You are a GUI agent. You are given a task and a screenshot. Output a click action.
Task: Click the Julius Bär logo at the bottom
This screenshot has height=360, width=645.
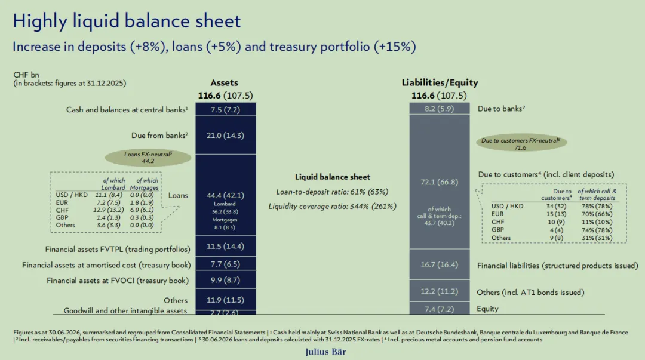pos(325,352)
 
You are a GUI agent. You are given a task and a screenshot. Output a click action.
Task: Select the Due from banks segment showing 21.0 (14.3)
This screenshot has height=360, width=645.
pos(225,136)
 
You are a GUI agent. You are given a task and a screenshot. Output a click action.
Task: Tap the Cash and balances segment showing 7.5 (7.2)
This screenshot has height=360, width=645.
pos(225,109)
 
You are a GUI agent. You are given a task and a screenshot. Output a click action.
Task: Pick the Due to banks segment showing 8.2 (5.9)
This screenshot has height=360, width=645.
pos(440,109)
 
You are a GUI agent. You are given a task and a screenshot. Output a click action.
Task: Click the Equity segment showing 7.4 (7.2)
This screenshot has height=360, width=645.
pos(440,309)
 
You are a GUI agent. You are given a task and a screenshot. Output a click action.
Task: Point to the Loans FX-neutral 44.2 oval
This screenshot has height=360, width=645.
pos(148,158)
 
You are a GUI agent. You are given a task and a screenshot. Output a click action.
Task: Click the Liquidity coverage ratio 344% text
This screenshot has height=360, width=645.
pos(333,206)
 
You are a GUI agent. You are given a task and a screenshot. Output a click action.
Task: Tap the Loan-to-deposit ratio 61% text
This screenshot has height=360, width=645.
pos(332,192)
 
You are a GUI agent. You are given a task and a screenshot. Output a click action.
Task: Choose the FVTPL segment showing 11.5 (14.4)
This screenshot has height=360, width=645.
pos(225,246)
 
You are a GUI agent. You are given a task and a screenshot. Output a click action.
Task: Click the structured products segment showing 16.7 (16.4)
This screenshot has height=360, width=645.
pos(440,264)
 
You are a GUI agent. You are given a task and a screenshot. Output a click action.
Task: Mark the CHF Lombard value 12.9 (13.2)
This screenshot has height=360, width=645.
pos(108,210)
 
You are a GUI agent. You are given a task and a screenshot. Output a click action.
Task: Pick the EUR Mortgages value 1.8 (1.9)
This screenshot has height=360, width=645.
pos(142,202)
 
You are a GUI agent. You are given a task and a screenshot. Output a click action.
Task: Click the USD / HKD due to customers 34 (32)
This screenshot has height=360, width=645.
pos(556,206)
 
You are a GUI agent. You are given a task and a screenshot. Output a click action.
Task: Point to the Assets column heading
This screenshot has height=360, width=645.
pos(224,83)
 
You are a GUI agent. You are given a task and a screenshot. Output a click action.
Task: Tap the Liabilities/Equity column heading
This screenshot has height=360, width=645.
pos(440,83)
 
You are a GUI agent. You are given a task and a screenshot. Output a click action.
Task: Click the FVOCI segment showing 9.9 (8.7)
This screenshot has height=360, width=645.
pos(225,280)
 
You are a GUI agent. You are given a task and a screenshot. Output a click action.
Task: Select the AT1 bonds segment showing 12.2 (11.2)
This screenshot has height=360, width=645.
pos(440,291)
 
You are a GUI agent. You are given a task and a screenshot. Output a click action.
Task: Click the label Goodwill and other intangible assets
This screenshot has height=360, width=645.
pos(125,310)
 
